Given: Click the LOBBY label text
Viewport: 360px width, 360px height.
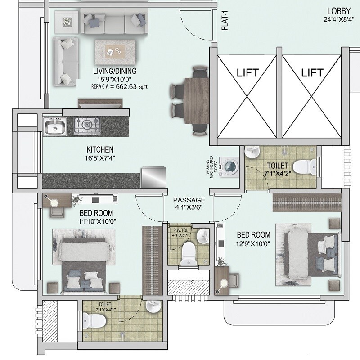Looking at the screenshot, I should tap(338, 11).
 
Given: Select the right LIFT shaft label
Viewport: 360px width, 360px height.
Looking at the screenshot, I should tap(312, 72).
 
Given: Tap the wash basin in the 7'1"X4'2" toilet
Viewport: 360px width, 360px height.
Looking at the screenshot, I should tap(251, 153).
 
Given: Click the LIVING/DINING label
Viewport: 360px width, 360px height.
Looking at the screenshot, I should tap(115, 71).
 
